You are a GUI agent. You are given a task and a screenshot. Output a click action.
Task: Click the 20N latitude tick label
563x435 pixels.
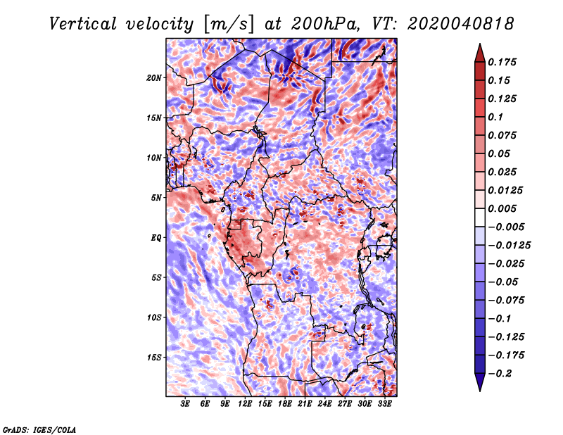[x=154, y=77]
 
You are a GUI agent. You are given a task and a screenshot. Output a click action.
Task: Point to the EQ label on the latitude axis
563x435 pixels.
[x=156, y=238]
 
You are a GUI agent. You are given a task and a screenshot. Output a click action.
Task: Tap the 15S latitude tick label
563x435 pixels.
[x=154, y=358]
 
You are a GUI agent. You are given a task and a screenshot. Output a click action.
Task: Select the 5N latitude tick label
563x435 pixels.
[x=156, y=198]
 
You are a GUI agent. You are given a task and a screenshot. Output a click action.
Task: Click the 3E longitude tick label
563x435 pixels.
[x=185, y=404]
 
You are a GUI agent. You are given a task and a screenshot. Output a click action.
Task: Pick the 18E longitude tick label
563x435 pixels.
[x=285, y=404]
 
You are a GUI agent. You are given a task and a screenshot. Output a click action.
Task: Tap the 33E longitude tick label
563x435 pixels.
[x=384, y=404]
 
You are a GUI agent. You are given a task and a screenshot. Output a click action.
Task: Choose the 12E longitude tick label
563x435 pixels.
[x=245, y=404]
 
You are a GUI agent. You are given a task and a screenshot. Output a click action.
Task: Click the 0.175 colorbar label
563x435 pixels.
[x=502, y=62]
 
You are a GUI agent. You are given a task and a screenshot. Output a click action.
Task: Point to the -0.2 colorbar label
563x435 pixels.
[x=500, y=374]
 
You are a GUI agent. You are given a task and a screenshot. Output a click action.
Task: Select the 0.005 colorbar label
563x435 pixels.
[x=502, y=208]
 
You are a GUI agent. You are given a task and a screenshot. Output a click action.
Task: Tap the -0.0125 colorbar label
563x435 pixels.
[x=509, y=246]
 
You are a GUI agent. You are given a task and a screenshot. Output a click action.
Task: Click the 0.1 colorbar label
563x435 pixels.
[x=496, y=117]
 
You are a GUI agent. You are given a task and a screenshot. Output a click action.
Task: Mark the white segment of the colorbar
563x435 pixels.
[x=480, y=217]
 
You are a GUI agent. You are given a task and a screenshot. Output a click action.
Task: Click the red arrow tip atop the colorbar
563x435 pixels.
[x=480, y=44]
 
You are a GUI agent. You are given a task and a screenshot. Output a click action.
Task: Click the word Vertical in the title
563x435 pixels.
[x=83, y=24]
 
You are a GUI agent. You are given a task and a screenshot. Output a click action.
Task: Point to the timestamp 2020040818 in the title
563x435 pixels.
[x=461, y=24]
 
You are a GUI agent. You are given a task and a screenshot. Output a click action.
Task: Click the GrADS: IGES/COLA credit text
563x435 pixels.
[x=39, y=430]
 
